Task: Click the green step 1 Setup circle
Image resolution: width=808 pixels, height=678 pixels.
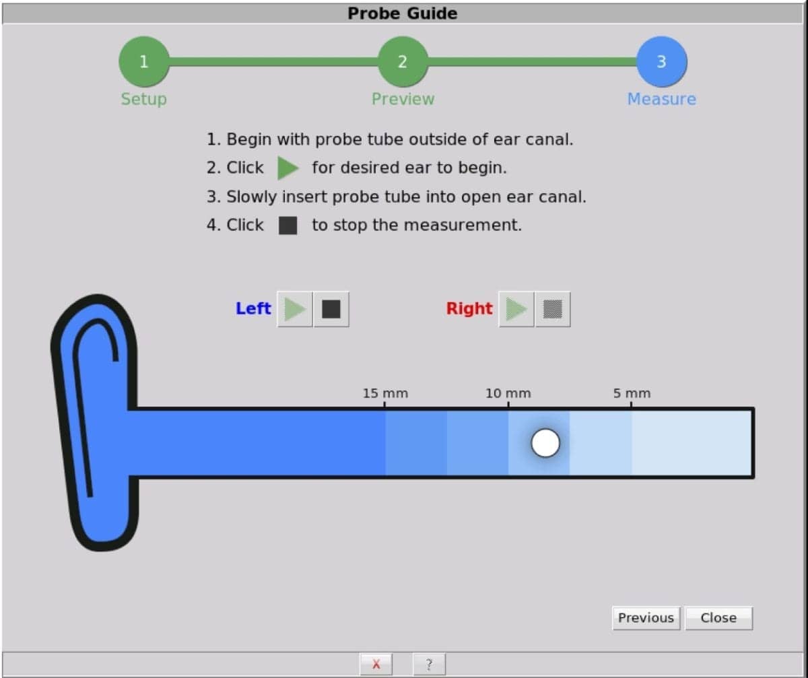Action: coord(143,62)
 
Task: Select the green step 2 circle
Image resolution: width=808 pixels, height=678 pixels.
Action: coord(403,62)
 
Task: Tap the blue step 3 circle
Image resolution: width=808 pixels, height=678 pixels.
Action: coord(661,62)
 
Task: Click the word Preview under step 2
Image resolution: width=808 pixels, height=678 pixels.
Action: coord(403,99)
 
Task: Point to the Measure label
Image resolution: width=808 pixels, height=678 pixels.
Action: coord(661,99)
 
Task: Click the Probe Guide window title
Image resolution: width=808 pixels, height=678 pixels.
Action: coord(403,13)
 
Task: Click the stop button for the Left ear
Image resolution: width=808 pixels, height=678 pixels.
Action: coord(331,309)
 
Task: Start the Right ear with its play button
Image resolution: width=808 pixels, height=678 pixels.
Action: coord(516,309)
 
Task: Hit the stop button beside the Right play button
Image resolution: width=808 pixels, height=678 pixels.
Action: coord(553,309)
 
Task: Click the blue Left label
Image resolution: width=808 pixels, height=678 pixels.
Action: coord(253,308)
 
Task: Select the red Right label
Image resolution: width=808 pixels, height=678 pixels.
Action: coord(469,308)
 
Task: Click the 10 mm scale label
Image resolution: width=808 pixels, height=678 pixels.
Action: coord(508,393)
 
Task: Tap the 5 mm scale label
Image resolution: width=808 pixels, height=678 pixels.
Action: coord(632,393)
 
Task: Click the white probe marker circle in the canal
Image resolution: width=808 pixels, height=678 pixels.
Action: coord(545,442)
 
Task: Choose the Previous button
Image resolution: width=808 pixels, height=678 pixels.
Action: coord(646,618)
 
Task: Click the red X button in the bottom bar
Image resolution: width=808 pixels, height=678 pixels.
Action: coord(376,665)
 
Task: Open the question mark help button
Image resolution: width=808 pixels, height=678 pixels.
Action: coord(430,665)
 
